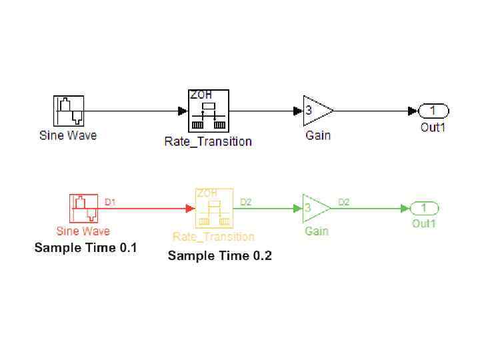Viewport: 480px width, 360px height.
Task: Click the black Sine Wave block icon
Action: coord(69,111)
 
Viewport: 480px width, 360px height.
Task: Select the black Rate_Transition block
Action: coord(207,111)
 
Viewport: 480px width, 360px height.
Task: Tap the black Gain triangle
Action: coord(317,111)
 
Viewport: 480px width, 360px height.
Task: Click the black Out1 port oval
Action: coord(433,111)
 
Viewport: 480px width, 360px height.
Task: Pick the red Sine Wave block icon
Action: coord(84,209)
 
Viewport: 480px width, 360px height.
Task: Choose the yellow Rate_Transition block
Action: coord(213,209)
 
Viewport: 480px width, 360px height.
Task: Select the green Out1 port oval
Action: coord(424,209)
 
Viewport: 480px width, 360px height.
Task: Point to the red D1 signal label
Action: coord(111,201)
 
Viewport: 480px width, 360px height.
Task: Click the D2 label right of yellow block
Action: coord(246,201)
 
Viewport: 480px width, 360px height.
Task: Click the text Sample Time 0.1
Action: coord(85,248)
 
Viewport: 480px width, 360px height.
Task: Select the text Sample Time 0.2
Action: coord(220,256)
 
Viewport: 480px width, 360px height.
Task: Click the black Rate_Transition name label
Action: coord(208,141)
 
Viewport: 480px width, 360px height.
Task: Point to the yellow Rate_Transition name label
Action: coord(213,237)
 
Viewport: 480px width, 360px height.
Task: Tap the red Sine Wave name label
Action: coord(83,231)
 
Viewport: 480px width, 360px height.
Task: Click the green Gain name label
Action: coord(316,231)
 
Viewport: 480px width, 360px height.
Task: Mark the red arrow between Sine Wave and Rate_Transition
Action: coord(147,209)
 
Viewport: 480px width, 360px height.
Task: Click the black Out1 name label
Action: coord(433,127)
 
